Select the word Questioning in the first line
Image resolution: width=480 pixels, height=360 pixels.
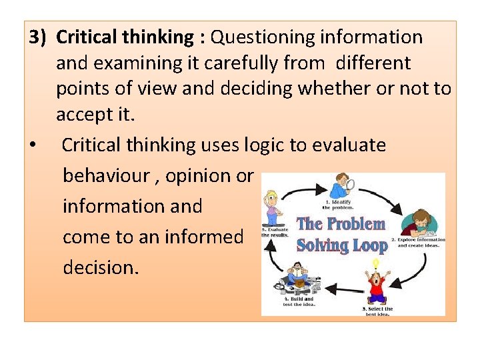(x=255, y=37)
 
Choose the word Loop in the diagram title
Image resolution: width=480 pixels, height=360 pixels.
(x=369, y=245)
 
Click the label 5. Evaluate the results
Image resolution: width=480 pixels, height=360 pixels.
(x=275, y=232)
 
